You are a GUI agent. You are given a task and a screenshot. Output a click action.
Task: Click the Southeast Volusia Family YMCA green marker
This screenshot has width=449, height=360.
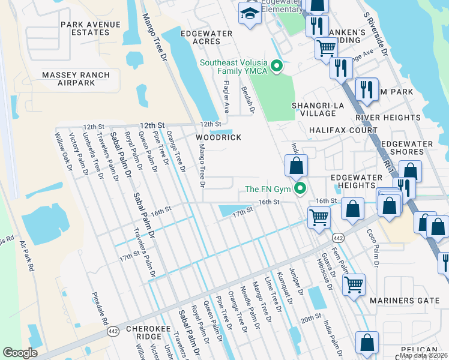pos(277,66)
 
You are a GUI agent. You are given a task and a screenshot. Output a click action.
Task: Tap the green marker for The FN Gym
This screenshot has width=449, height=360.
pos(301,189)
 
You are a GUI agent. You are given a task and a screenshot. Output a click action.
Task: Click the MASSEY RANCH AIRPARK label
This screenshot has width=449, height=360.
pos(76,79)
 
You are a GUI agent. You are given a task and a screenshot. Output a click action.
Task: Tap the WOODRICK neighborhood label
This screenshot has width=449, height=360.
pos(218,137)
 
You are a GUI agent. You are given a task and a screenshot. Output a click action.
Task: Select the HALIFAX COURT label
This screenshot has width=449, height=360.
pos(343,130)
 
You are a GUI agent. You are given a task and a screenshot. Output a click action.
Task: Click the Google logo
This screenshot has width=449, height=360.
pos(20,353)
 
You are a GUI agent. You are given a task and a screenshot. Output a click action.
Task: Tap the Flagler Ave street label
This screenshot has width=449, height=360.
pos(227,97)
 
